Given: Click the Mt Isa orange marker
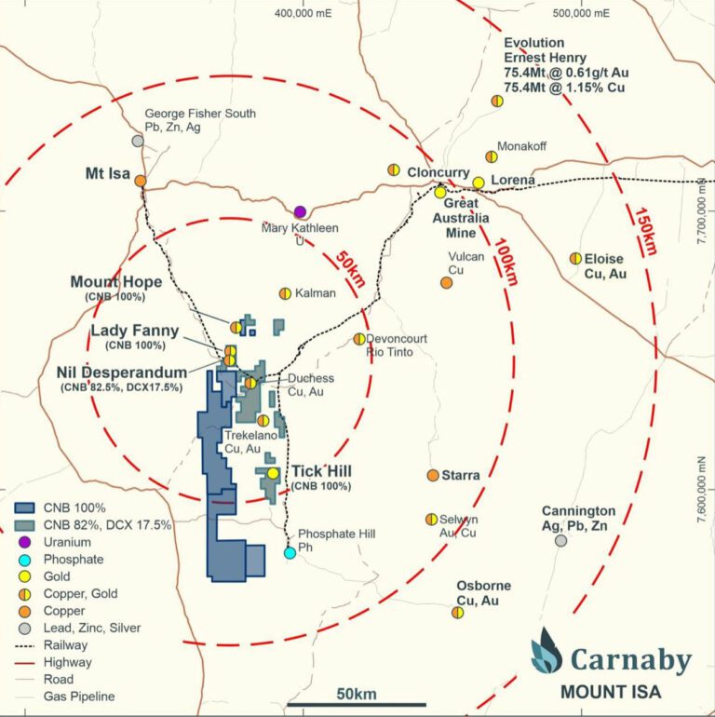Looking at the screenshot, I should (x=140, y=181).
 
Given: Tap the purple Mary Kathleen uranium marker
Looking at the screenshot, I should (x=300, y=212).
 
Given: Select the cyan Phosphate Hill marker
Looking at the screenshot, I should (x=290, y=552).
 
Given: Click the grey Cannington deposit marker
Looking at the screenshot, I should (x=560, y=540).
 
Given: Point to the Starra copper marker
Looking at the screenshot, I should (x=433, y=475).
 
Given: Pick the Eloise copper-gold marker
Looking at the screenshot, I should (x=575, y=258).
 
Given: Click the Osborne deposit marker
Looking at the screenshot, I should (x=457, y=612).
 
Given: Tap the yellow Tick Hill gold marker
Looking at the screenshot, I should (x=273, y=473).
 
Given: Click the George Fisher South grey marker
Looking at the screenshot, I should (x=138, y=141).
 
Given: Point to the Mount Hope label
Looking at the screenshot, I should (x=116, y=282).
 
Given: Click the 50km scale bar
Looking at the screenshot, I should (x=357, y=704).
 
